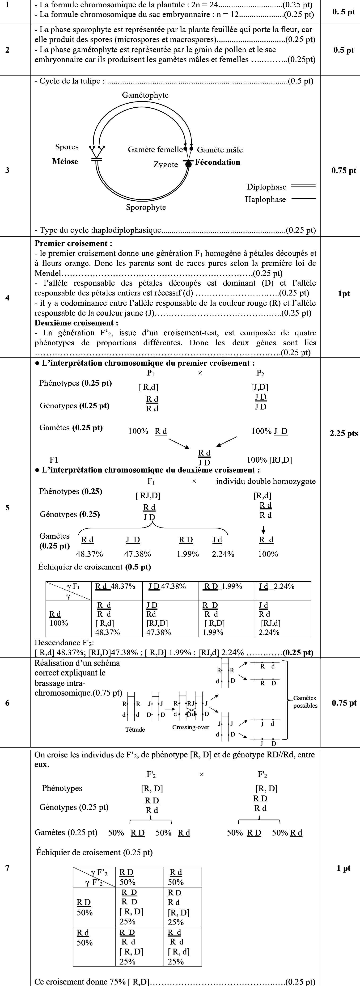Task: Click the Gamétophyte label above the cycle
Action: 145,95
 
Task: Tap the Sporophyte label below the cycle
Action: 146,207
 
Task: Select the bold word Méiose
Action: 65,161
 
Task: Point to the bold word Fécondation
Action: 218,162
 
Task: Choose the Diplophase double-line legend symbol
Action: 303,186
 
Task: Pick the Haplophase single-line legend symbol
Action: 303,199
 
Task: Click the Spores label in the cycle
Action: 67,147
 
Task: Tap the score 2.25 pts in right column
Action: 343,433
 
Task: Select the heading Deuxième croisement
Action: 76,323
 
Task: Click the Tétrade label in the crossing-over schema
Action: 135,729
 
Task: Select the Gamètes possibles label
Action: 305,702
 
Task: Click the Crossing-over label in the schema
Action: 191,727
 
